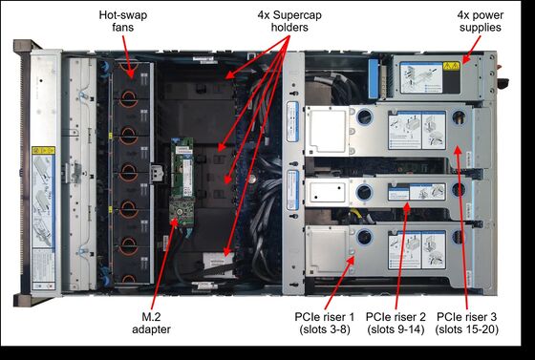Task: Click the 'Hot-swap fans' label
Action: [x=123, y=21]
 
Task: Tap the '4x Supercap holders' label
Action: [x=289, y=21]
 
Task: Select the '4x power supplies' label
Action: [x=480, y=21]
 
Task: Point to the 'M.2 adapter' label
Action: [x=151, y=323]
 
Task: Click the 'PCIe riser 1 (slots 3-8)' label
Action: [x=325, y=323]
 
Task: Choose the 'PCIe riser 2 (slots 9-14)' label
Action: [x=396, y=323]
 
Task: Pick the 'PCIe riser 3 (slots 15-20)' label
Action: [x=467, y=323]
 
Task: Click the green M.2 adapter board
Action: [x=182, y=181]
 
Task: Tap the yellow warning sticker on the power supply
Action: [x=451, y=66]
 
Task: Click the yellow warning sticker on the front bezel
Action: [x=43, y=150]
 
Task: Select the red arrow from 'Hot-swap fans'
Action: [x=128, y=56]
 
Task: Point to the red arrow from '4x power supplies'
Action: [x=471, y=50]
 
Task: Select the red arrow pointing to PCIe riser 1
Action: [x=339, y=283]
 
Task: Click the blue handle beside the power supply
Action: [x=374, y=78]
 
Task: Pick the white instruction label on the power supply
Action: [x=421, y=77]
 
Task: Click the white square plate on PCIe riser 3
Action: [x=327, y=131]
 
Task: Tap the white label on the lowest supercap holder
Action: [x=219, y=260]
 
